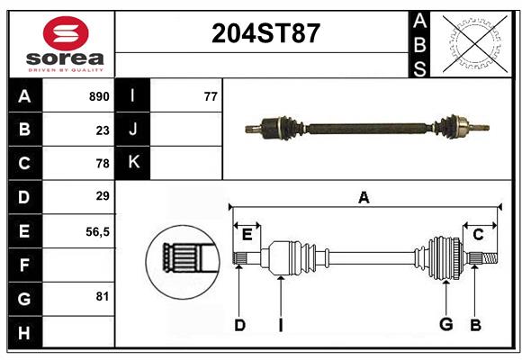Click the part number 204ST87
click(265, 33)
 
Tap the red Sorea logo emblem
click(66, 33)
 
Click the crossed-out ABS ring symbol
click(475, 43)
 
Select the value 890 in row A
click(99, 96)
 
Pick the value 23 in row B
click(103, 130)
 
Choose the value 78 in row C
click(103, 164)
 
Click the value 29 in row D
click(103, 196)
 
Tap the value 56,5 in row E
click(97, 232)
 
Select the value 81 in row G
click(103, 296)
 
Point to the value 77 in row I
click(211, 96)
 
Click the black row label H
click(25, 332)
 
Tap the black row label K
click(132, 163)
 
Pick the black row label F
click(25, 265)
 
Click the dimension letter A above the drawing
click(364, 197)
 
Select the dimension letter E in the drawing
click(247, 235)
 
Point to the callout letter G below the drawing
click(446, 324)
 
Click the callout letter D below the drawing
click(239, 325)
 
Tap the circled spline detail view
click(183, 262)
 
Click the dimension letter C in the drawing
click(478, 235)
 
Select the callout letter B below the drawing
click(475, 325)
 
